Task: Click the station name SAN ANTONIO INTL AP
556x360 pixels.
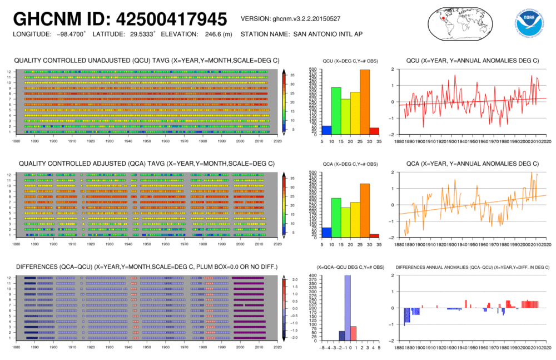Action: point(326,34)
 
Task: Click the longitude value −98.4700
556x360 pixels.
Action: point(69,34)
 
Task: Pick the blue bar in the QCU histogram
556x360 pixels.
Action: point(326,130)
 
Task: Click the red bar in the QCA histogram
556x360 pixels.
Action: point(374,235)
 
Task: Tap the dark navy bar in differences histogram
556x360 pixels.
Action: point(341,336)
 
